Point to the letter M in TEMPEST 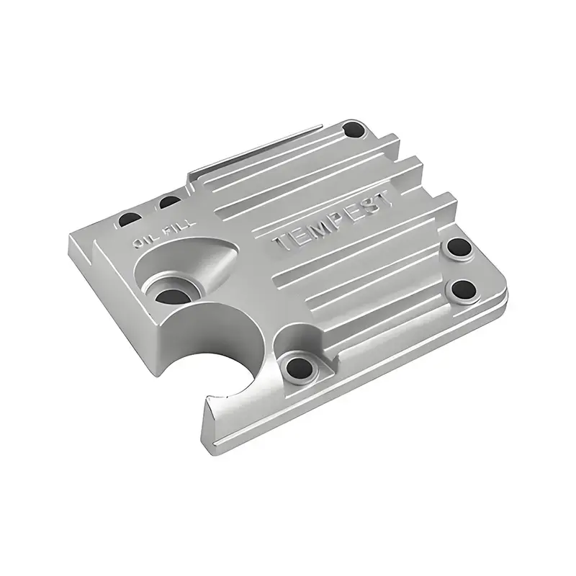312,232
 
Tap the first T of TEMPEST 282,246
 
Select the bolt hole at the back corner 354,131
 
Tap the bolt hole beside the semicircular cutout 297,369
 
